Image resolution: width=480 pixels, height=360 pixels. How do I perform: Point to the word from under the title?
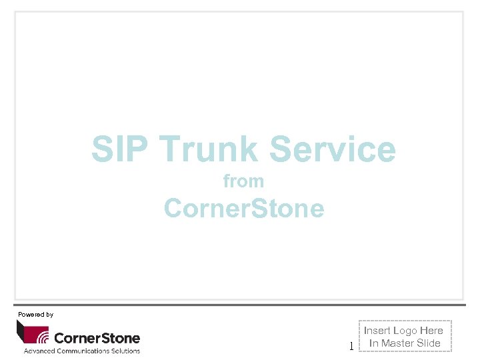pyautogui.click(x=243, y=181)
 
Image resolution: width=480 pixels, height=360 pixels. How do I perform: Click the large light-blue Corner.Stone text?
pyautogui.click(x=244, y=208)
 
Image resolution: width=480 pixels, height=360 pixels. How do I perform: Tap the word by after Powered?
pyautogui.click(x=50, y=314)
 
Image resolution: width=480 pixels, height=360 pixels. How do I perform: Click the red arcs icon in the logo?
pyautogui.click(x=43, y=335)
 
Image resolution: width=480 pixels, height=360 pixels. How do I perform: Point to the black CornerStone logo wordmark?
pyautogui.click(x=97, y=337)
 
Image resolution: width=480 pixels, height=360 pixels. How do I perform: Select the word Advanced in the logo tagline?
pyautogui.click(x=41, y=351)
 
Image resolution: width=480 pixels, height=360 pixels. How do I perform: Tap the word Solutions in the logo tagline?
pyautogui.click(x=126, y=351)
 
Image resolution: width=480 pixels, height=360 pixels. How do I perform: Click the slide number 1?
pyautogui.click(x=351, y=346)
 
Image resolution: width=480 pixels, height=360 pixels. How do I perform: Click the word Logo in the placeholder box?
pyautogui.click(x=405, y=331)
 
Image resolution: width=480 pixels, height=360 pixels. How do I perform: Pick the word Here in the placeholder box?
pyautogui.click(x=431, y=331)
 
